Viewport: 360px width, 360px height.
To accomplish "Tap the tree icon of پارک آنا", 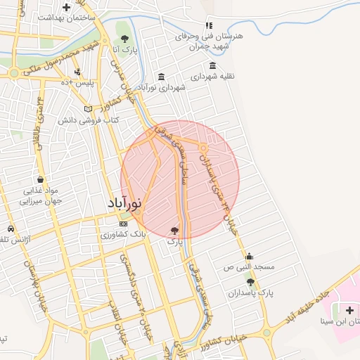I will pos(124,39).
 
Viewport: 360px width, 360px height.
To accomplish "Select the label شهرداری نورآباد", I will pos(162,88).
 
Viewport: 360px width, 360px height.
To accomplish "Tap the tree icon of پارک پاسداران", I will pos(250,281).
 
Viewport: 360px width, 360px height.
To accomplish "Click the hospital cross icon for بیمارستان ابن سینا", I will pos(349,309).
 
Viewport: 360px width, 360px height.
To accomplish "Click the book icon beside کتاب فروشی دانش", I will pos(88,109).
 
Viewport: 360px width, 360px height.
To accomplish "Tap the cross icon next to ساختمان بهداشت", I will pos(66,8).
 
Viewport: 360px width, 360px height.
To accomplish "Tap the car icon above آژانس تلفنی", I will pos(11,229).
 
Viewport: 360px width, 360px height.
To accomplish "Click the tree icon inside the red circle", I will pos(174,229).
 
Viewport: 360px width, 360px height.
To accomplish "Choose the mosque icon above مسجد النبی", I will pos(248,256).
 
